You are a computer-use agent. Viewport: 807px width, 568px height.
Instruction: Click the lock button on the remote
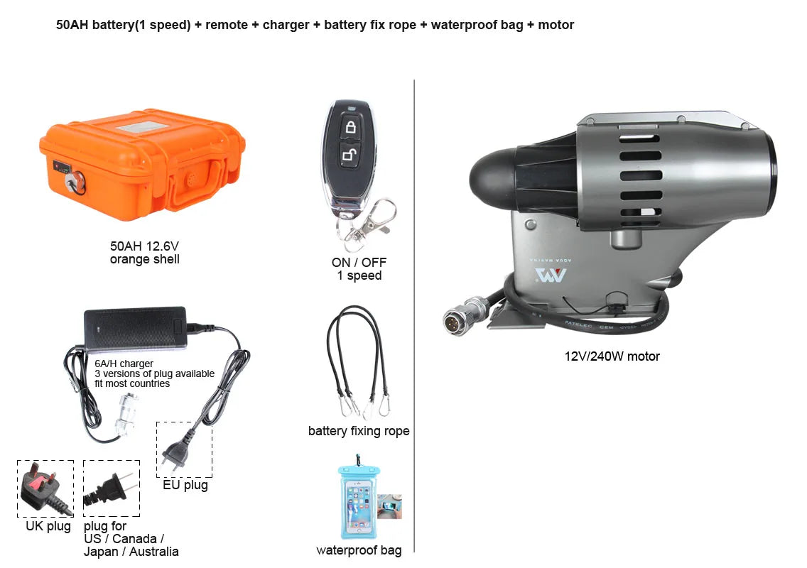pyautogui.click(x=350, y=126)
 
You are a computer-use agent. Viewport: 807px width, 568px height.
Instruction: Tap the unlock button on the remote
pyautogui.click(x=350, y=154)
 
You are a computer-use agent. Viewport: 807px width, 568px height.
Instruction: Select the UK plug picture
pyautogui.click(x=45, y=488)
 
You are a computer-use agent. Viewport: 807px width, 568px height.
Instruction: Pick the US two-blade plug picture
pyautogui.click(x=111, y=488)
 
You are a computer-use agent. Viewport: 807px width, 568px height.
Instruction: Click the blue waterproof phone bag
pyautogui.click(x=359, y=498)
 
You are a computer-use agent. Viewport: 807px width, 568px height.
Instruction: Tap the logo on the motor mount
pyautogui.click(x=550, y=275)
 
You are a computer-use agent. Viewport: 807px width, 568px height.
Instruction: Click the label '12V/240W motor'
pyautogui.click(x=612, y=356)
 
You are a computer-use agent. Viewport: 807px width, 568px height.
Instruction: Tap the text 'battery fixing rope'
pyautogui.click(x=359, y=431)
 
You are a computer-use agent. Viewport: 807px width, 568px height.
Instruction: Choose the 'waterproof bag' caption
pyautogui.click(x=359, y=550)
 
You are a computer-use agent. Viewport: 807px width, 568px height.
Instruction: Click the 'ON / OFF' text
pyautogui.click(x=359, y=263)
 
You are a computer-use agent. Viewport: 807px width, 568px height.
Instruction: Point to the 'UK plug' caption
pyautogui.click(x=48, y=526)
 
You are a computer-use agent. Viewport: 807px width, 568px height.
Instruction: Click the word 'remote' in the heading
pyautogui.click(x=227, y=25)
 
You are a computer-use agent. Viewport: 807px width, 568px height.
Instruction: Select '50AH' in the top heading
pyautogui.click(x=72, y=25)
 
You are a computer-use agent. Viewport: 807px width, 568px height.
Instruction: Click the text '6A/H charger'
pyautogui.click(x=124, y=364)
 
